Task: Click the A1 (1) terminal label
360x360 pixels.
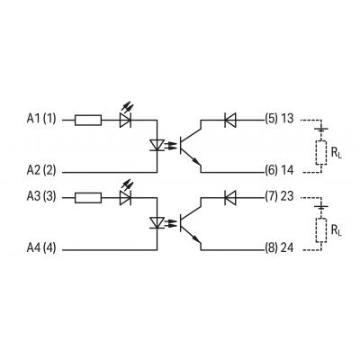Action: tap(41, 119)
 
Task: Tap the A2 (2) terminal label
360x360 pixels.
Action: tap(41, 170)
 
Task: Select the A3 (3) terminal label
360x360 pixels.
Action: tap(41, 196)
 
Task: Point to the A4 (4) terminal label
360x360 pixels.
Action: tap(41, 248)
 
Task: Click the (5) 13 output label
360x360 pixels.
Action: tap(279, 119)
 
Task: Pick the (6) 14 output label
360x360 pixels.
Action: tap(279, 170)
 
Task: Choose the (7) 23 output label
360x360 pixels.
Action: tap(279, 196)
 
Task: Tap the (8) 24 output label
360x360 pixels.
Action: tap(279, 248)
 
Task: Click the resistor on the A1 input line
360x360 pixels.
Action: tap(88, 120)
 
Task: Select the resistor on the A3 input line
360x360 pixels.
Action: tap(88, 198)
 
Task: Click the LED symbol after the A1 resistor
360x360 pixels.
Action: tap(126, 116)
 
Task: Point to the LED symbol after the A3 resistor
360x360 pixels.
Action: tap(126, 193)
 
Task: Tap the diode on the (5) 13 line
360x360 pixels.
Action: tap(230, 120)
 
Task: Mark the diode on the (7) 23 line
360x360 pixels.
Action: tap(230, 198)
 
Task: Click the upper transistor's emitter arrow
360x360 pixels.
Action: tap(195, 161)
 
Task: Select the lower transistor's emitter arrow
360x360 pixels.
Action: tap(195, 238)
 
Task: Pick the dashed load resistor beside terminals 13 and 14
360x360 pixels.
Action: tap(321, 152)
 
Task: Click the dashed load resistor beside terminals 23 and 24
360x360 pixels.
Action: tap(321, 230)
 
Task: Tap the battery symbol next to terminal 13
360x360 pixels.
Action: tap(321, 130)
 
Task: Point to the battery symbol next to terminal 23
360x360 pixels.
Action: tap(321, 207)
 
